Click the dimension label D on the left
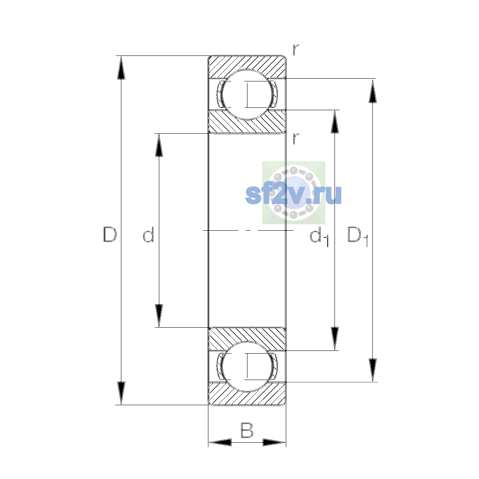pyautogui.click(x=110, y=234)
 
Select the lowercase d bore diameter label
pyautogui.click(x=148, y=234)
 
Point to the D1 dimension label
pyautogui.click(x=357, y=237)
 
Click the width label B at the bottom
pyautogui.click(x=247, y=430)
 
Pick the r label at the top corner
pyautogui.click(x=295, y=50)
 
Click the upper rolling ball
pyautogui.click(x=247, y=95)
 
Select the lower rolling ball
pyautogui.click(x=247, y=366)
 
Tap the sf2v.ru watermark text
pyautogui.click(x=293, y=195)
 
